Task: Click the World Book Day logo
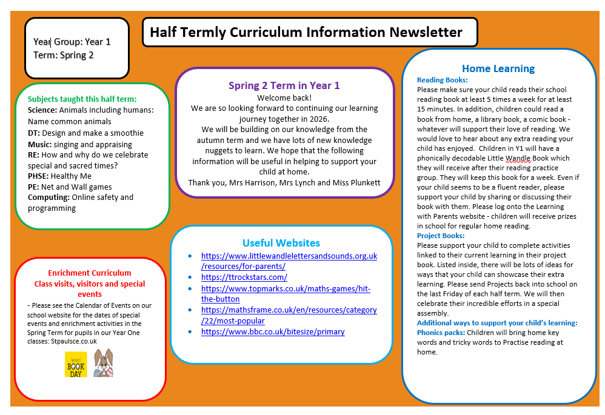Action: pyautogui.click(x=76, y=364)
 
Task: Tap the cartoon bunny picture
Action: pyautogui.click(x=103, y=363)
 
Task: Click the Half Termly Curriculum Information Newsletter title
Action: pyautogui.click(x=306, y=32)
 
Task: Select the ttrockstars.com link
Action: pyautogui.click(x=244, y=277)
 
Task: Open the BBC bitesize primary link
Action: pyautogui.click(x=273, y=332)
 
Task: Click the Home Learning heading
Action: pyautogui.click(x=498, y=68)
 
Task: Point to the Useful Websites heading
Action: pyautogui.click(x=281, y=243)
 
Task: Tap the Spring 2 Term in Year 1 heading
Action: pyautogui.click(x=284, y=85)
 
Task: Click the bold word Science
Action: pyautogui.click(x=42, y=110)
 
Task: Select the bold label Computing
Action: pyautogui.click(x=48, y=198)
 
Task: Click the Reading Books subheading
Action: pyautogui.click(x=442, y=80)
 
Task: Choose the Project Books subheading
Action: pyautogui.click(x=441, y=236)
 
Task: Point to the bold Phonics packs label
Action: pyautogui.click(x=441, y=333)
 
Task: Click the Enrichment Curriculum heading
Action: pyautogui.click(x=90, y=273)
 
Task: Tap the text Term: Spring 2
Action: pyautogui.click(x=64, y=55)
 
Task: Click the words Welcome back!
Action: pyautogui.click(x=284, y=98)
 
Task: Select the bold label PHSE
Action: pyautogui.click(x=38, y=176)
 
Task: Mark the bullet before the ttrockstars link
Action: pyautogui.click(x=191, y=277)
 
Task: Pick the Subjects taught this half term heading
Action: pyautogui.click(x=82, y=99)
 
